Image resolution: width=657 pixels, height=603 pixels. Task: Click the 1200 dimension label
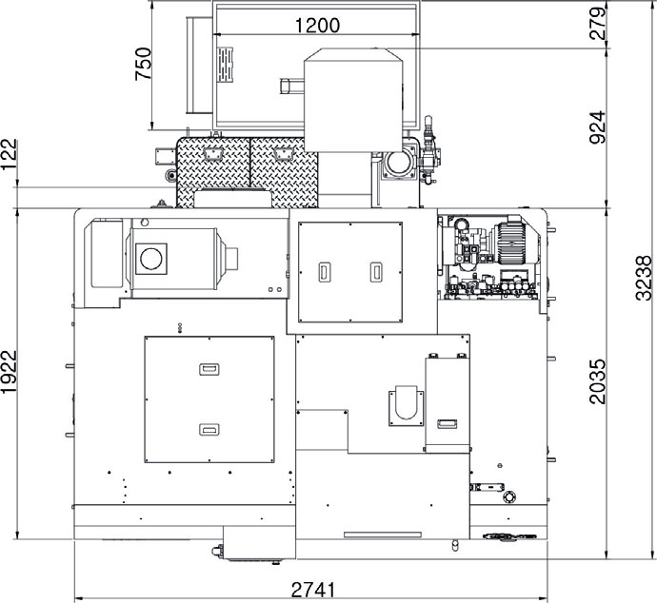(317, 25)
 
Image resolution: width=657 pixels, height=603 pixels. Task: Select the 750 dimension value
(143, 64)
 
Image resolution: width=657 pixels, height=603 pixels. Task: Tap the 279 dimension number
(598, 24)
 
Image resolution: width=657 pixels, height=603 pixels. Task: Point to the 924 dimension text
(598, 127)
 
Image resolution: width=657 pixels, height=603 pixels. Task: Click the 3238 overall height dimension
(644, 279)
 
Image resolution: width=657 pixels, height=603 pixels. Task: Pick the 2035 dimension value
(598, 381)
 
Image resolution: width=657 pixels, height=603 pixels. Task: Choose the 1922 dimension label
(10, 372)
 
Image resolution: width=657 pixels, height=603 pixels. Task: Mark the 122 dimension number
(10, 154)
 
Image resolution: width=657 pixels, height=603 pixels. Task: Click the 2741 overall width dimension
(313, 590)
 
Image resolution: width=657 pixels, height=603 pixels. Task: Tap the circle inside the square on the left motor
(151, 259)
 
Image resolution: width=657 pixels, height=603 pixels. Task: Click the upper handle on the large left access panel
(209, 369)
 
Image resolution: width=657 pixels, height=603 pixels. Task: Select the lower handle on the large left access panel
(209, 430)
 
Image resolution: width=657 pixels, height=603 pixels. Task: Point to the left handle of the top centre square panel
(325, 272)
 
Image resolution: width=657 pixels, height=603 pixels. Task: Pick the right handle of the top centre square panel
(376, 272)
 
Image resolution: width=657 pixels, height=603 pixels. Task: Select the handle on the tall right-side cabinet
(448, 424)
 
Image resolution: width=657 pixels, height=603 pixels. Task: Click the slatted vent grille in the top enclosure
(225, 65)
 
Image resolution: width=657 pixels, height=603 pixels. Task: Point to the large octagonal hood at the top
(353, 100)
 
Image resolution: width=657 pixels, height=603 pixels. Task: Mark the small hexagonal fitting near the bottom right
(509, 496)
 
